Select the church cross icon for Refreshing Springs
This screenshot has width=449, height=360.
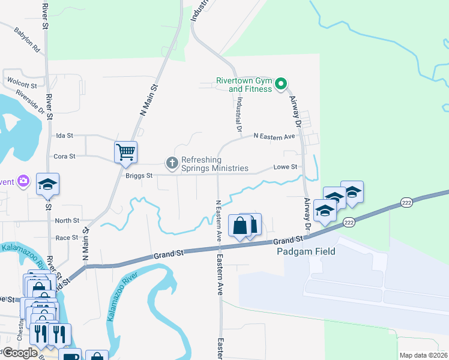point(172,163)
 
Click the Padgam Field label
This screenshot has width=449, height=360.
point(306,251)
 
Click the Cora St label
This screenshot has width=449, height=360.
point(64,157)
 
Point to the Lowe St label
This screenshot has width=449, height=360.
point(285,167)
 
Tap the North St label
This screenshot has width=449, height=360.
point(67,221)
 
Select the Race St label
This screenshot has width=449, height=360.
point(67,238)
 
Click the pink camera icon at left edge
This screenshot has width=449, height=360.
point(23,180)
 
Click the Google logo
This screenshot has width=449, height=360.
point(20,353)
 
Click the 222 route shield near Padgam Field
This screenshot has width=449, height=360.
point(349,223)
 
